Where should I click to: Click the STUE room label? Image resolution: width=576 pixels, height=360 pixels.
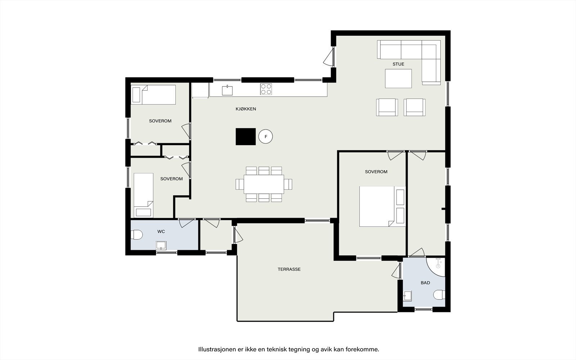click(398, 64)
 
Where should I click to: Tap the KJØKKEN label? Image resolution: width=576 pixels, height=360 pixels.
click(246, 109)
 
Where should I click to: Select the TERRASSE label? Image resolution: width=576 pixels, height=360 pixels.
click(289, 269)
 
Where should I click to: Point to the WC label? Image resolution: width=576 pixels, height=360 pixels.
click(161, 231)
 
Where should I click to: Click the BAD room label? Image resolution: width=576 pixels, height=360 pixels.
click(425, 283)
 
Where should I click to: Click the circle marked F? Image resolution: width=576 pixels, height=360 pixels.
click(266, 136)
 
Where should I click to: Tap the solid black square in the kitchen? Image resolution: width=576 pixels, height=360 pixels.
click(246, 136)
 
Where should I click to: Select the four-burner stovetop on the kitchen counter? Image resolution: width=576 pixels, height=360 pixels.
click(266, 89)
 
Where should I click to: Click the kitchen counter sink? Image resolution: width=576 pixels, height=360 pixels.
click(227, 90)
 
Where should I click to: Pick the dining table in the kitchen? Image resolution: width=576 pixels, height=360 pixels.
click(264, 184)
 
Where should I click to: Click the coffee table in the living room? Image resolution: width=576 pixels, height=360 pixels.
click(398, 78)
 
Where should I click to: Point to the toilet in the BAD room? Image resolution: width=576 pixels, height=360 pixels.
click(439, 295)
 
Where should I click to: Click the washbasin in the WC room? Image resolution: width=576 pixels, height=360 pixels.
click(161, 245)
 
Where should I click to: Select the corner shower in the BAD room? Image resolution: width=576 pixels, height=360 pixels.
click(436, 267)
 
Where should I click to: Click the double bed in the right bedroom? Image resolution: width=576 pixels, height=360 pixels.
click(382, 207)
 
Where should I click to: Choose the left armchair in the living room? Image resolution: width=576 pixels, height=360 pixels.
click(387, 107)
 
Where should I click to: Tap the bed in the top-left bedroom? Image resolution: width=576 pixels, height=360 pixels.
click(153, 95)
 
